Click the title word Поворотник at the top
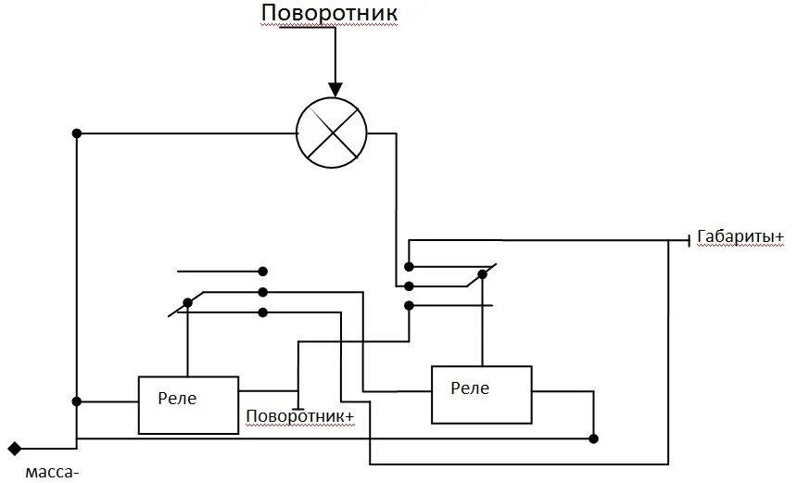click(x=330, y=14)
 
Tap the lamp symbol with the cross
click(x=331, y=133)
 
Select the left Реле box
click(x=189, y=404)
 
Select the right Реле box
click(x=482, y=394)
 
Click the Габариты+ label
click(x=739, y=237)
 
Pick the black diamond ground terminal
click(x=15, y=450)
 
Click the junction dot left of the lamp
click(x=77, y=133)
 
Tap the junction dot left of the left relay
click(x=77, y=402)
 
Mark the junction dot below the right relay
click(x=594, y=438)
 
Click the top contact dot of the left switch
click(x=263, y=273)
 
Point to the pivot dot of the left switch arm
click(x=188, y=301)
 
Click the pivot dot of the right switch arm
click(x=481, y=275)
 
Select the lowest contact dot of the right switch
click(x=409, y=304)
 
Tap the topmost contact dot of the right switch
click(x=409, y=266)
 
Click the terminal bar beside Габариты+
click(x=688, y=239)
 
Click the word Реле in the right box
click(x=471, y=388)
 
